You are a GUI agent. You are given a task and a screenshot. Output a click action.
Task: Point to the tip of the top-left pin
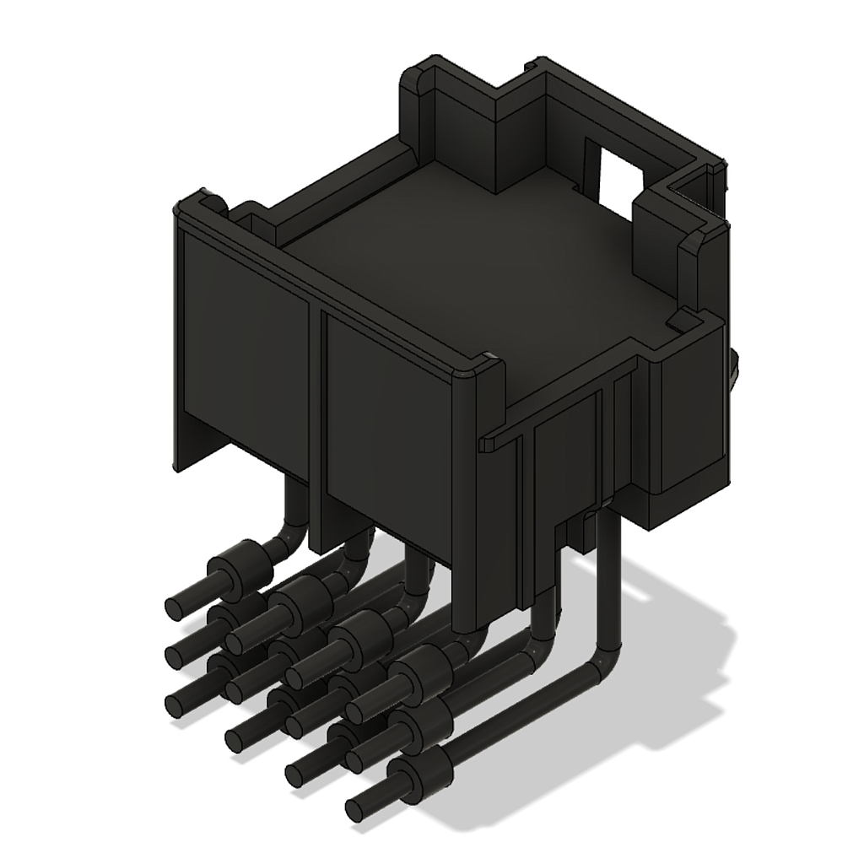pos(177,606)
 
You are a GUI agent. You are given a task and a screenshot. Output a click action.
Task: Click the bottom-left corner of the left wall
pos(176,467)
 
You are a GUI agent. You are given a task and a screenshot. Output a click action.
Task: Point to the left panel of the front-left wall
pos(245,354)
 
